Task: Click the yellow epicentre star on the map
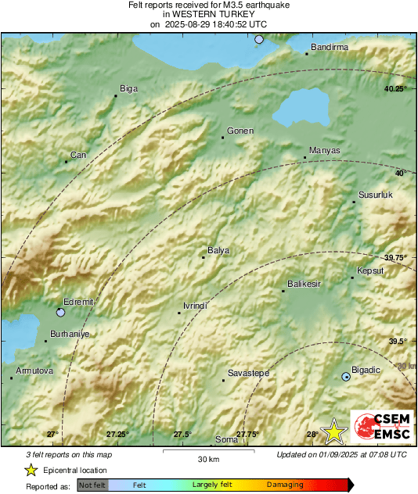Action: pos(335,431)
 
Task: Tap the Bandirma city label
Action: pos(330,48)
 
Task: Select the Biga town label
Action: pos(128,89)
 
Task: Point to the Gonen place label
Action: pos(240,131)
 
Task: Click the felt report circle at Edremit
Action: pos(61,313)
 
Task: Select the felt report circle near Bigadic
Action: pos(346,377)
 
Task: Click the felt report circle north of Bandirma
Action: pos(259,38)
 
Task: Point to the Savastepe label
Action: pos(248,374)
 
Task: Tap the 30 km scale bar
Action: pos(208,451)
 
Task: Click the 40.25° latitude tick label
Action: pos(395,89)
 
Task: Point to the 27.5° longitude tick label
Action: pos(182,435)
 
